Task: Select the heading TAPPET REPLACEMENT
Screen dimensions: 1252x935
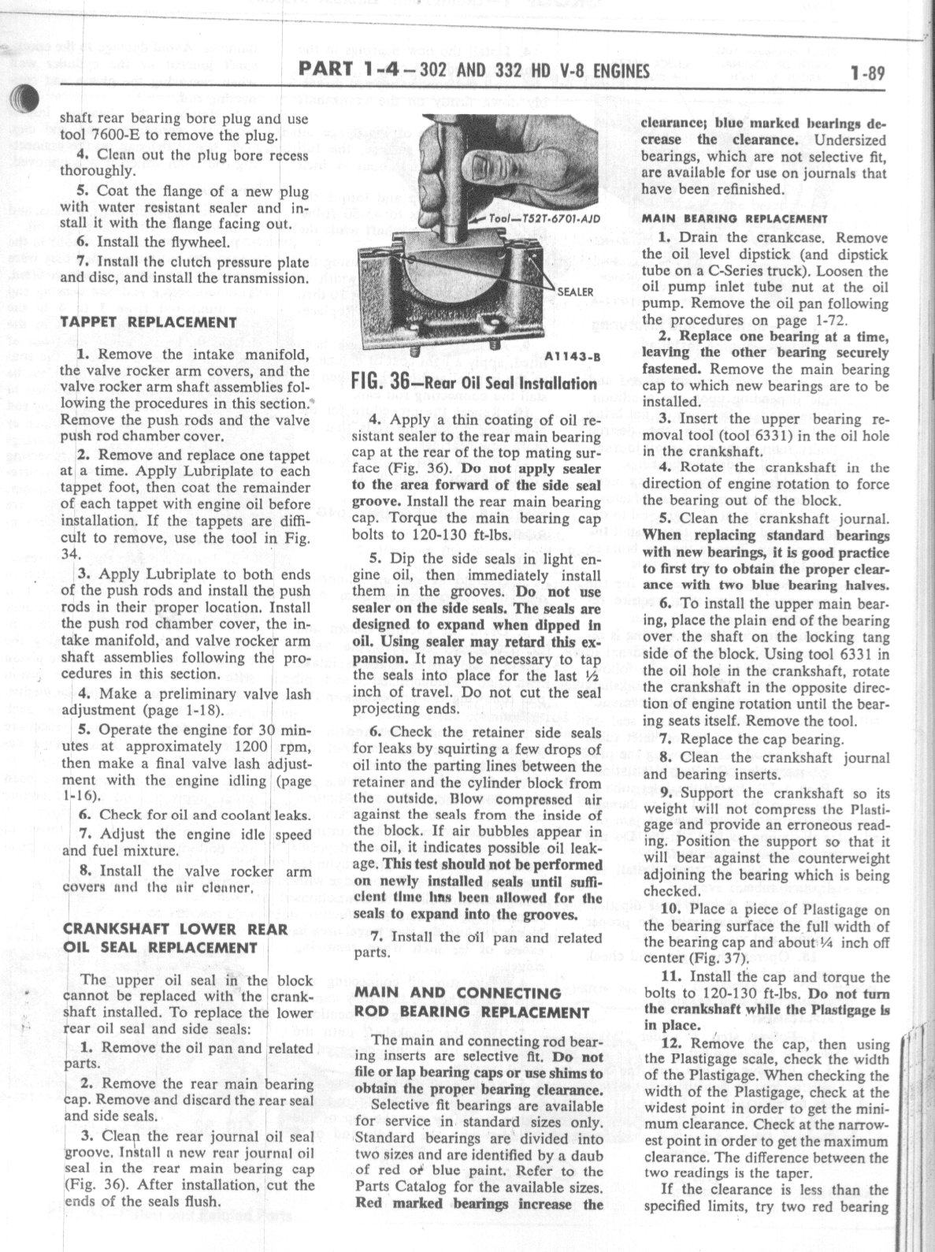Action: pyautogui.click(x=148, y=322)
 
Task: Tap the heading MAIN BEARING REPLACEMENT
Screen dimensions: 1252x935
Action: pyautogui.click(x=734, y=219)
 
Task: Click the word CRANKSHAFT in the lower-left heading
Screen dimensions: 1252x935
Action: pyautogui.click(x=112, y=930)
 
